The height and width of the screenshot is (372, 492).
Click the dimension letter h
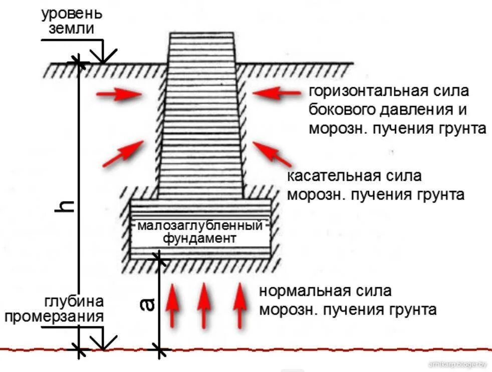tap(67, 206)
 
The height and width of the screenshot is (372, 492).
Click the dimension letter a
tap(147, 304)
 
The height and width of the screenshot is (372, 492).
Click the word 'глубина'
tap(75, 301)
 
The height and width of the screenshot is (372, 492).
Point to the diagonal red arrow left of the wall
tap(123, 153)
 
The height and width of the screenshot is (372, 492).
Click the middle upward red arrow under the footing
tap(203, 304)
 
